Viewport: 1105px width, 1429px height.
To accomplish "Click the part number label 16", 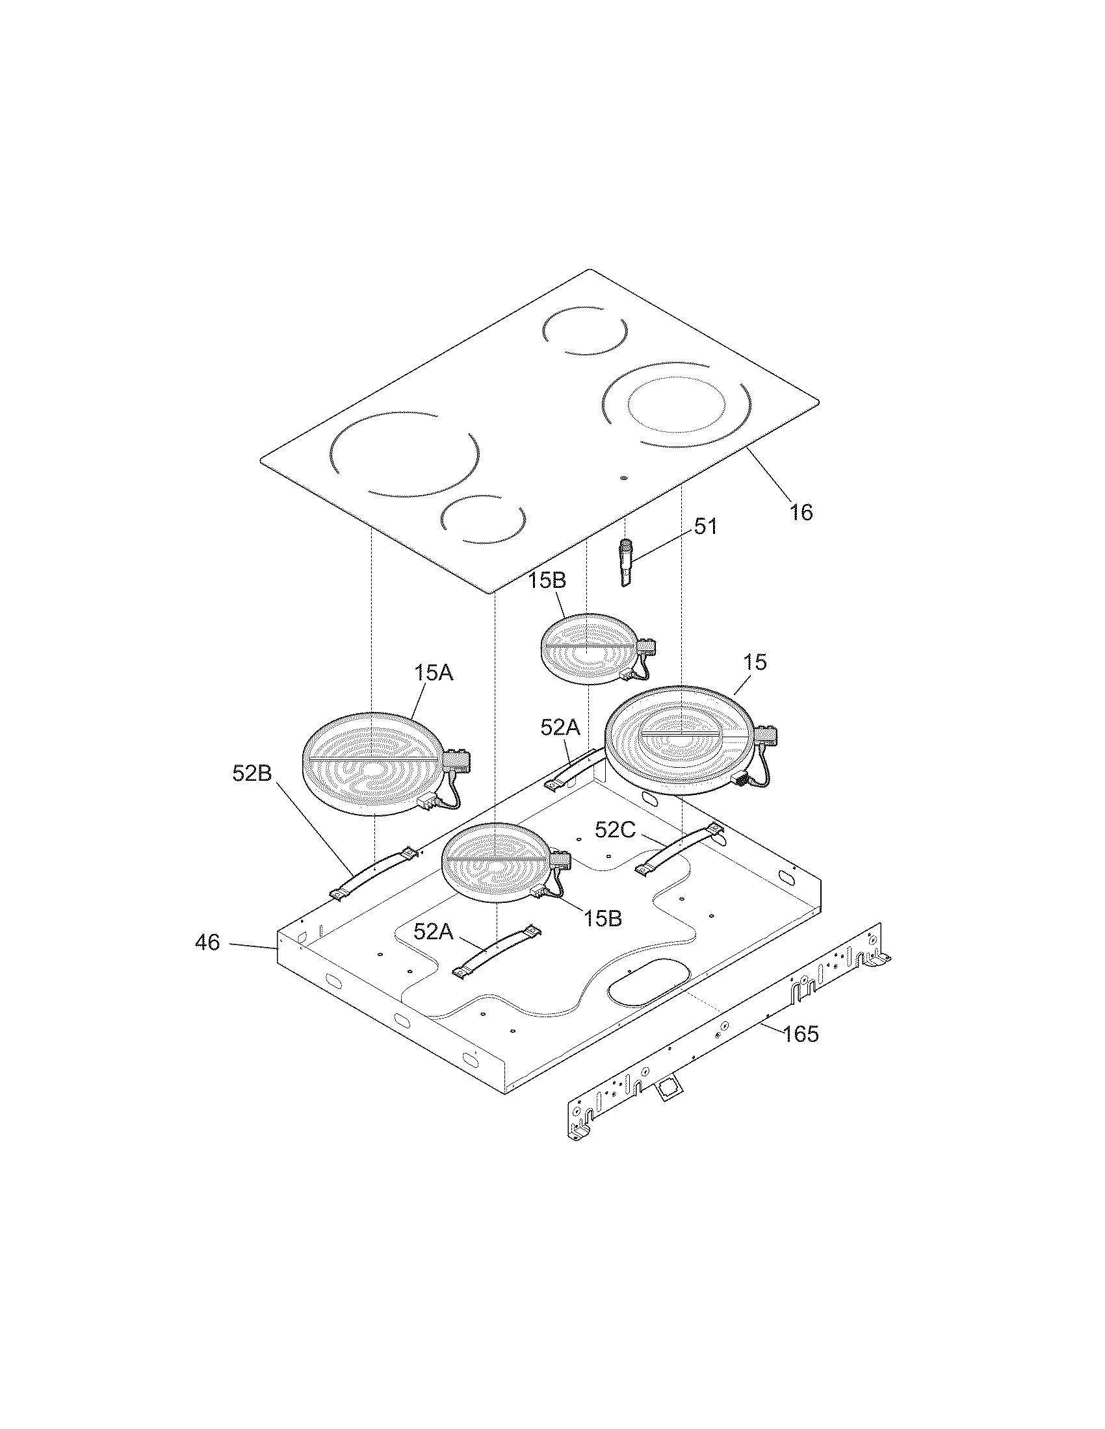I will (801, 512).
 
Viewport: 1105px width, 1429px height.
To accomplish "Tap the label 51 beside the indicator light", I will (705, 526).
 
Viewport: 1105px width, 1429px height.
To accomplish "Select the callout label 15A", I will (433, 673).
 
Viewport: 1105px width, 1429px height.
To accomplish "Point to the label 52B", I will (252, 773).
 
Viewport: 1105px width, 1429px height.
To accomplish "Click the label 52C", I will (615, 829).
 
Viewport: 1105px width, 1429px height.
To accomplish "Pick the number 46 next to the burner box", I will (207, 943).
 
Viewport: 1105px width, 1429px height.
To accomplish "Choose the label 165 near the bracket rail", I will (801, 1034).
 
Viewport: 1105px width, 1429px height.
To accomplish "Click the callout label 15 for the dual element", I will (755, 662).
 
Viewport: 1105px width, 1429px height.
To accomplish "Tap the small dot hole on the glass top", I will (623, 477).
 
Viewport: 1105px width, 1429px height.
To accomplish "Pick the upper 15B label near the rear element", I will (547, 581).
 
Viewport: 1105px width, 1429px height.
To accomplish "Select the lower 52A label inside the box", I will (433, 931).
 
